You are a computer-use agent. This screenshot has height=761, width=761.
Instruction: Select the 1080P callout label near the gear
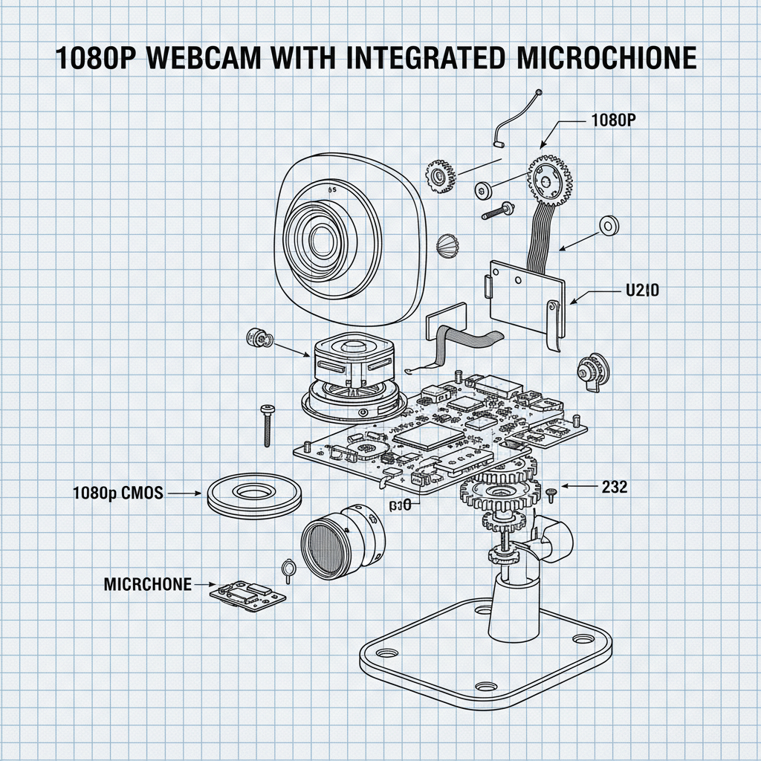(x=614, y=120)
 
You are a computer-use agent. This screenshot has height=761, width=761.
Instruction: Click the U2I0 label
(x=639, y=291)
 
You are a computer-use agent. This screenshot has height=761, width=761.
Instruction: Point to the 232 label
(x=614, y=487)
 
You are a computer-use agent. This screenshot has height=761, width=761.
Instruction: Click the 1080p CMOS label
(x=117, y=493)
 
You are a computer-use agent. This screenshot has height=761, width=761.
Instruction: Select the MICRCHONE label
(x=147, y=584)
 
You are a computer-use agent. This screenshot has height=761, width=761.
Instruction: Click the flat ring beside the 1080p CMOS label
(x=254, y=493)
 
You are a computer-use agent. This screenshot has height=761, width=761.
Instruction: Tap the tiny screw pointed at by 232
(x=551, y=492)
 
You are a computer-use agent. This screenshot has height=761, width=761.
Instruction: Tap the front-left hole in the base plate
(x=385, y=652)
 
